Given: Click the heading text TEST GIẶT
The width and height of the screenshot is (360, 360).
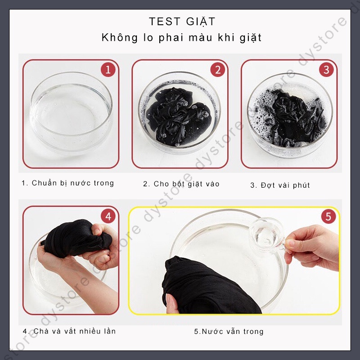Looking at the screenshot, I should coord(182,21).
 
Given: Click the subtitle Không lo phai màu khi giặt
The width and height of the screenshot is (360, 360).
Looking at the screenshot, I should coord(181,38).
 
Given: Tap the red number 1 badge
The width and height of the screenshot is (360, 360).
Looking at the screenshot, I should coord(108,70).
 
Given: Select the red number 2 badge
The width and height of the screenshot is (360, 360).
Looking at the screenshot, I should coord(217,70).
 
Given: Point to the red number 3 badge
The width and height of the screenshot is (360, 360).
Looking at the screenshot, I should coord(326,70).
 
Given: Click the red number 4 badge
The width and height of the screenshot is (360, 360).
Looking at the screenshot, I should coord(108,216).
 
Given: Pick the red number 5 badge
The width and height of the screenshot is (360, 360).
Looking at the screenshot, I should coord(328,216).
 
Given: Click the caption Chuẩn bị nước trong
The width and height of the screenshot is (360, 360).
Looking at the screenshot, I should coord(68,183).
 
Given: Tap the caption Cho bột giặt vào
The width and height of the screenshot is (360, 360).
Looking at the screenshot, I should coord(181,184).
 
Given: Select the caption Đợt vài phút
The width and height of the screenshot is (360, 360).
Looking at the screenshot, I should coord(280,185).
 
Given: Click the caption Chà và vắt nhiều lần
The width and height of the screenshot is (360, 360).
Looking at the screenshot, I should coord(69,331).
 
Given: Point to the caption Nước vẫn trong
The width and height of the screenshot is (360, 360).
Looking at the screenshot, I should coord(229,332).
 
